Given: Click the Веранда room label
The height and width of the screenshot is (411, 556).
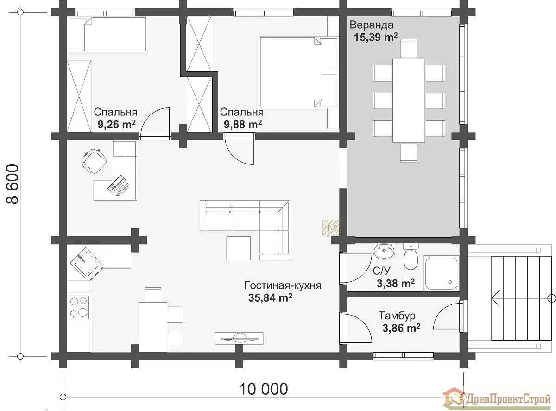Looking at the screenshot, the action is pos(372,25).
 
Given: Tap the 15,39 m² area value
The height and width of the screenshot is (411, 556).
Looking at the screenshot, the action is pos(375,38).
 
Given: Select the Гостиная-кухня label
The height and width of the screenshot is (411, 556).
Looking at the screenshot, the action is pos(283,285).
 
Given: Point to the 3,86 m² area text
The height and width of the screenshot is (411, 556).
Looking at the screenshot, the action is pos(402,328).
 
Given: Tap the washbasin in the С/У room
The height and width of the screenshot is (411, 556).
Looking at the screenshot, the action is pos(384,251).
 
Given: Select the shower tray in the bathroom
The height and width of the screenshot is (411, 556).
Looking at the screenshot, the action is pos(442,273).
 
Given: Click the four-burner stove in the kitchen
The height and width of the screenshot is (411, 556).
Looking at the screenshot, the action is pos(79,307).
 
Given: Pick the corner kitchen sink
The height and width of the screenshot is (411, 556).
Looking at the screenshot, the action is pos(86,263).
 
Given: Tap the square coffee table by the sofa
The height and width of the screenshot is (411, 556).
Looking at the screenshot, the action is pos(239,248).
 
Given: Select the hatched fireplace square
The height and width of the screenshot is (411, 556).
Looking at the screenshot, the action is pos(331,228).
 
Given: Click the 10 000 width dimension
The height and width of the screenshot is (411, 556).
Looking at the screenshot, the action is pos(264,389).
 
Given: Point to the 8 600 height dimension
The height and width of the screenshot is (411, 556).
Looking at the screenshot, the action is pos(12,184).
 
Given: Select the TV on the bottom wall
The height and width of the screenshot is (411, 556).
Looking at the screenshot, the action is pos(240,338).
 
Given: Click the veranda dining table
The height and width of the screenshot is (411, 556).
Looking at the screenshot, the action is pos(409,101).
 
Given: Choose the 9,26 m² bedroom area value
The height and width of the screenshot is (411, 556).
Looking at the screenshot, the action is pos(117,124).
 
